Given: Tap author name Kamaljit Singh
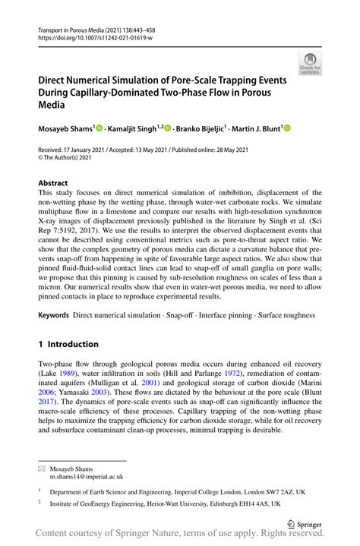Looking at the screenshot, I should [132, 130].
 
